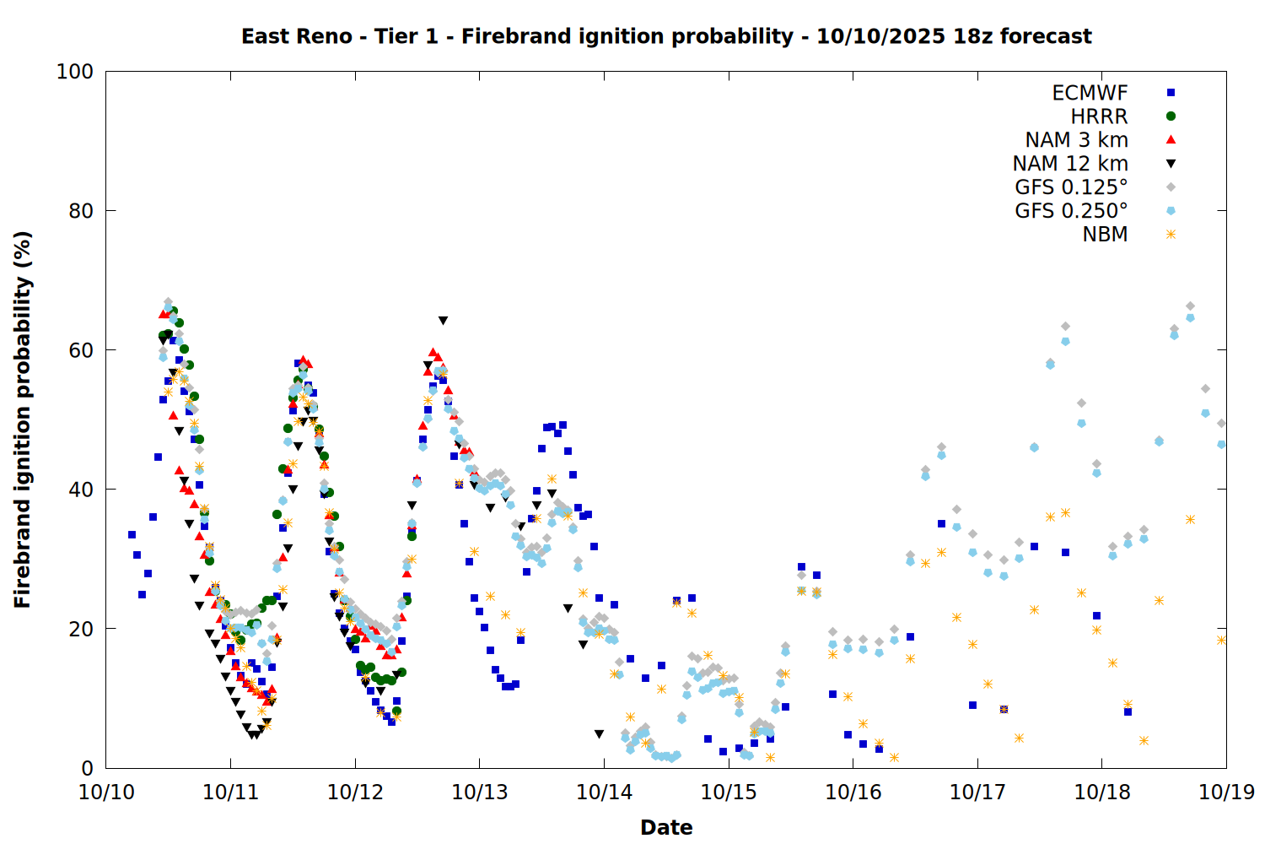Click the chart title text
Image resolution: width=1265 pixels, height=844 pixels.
click(666, 36)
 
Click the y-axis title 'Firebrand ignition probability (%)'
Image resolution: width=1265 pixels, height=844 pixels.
click(23, 419)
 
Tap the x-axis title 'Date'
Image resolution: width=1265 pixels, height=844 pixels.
click(666, 827)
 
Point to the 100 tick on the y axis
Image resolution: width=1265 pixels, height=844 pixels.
click(75, 72)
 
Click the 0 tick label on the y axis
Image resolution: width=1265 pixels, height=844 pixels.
click(86, 768)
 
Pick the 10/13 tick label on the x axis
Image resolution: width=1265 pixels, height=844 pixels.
click(480, 792)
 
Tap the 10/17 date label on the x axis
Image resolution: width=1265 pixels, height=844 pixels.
click(977, 792)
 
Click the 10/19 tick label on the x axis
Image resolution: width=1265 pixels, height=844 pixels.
click(1226, 792)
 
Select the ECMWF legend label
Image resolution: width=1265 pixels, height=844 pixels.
click(1090, 93)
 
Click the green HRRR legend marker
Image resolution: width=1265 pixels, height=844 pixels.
click(1171, 116)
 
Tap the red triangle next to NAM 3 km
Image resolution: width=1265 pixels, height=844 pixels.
click(1171, 139)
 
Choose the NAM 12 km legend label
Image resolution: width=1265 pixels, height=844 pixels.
click(1070, 164)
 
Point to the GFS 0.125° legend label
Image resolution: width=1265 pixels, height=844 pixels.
click(1071, 187)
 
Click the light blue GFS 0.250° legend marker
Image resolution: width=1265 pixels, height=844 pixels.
click(1171, 211)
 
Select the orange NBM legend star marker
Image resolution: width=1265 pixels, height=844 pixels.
click(1171, 235)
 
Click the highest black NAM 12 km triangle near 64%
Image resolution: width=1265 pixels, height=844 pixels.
click(443, 321)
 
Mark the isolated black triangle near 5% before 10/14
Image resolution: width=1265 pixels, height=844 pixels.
click(599, 734)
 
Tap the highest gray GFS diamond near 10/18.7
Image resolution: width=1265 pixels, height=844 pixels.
click(1190, 306)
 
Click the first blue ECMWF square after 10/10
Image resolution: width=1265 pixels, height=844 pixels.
click(132, 534)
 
